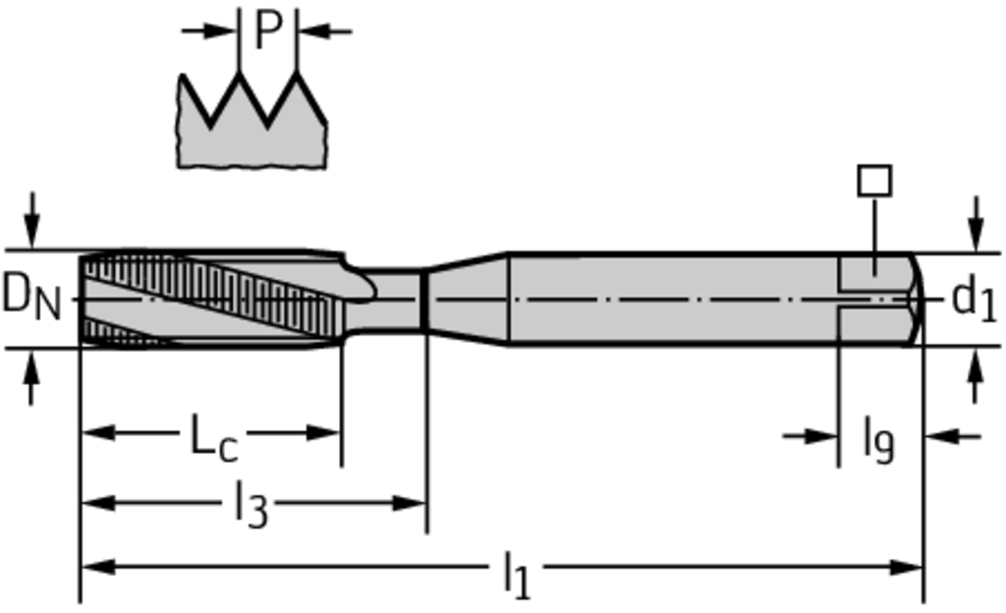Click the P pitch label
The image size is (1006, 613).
267,30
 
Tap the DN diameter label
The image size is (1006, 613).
31,296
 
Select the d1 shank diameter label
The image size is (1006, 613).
974,299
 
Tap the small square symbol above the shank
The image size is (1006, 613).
874,181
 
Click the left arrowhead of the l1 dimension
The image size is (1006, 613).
94,567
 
